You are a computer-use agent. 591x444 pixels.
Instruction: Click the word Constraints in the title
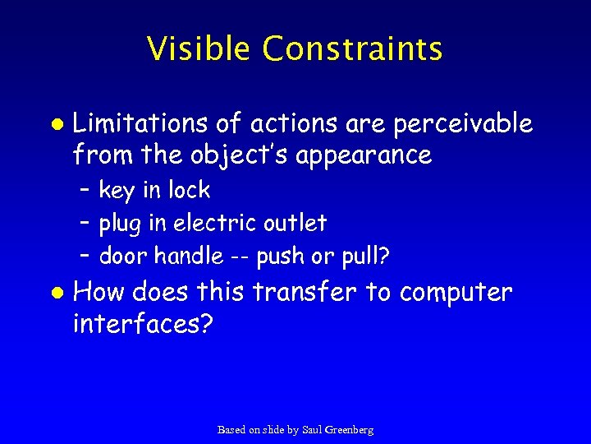[353, 49]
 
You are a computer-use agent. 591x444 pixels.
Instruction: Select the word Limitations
[141, 124]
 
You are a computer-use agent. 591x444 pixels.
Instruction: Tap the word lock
[190, 190]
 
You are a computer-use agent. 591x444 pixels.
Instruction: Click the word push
[279, 257]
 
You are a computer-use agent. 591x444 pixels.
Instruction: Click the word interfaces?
[144, 324]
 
